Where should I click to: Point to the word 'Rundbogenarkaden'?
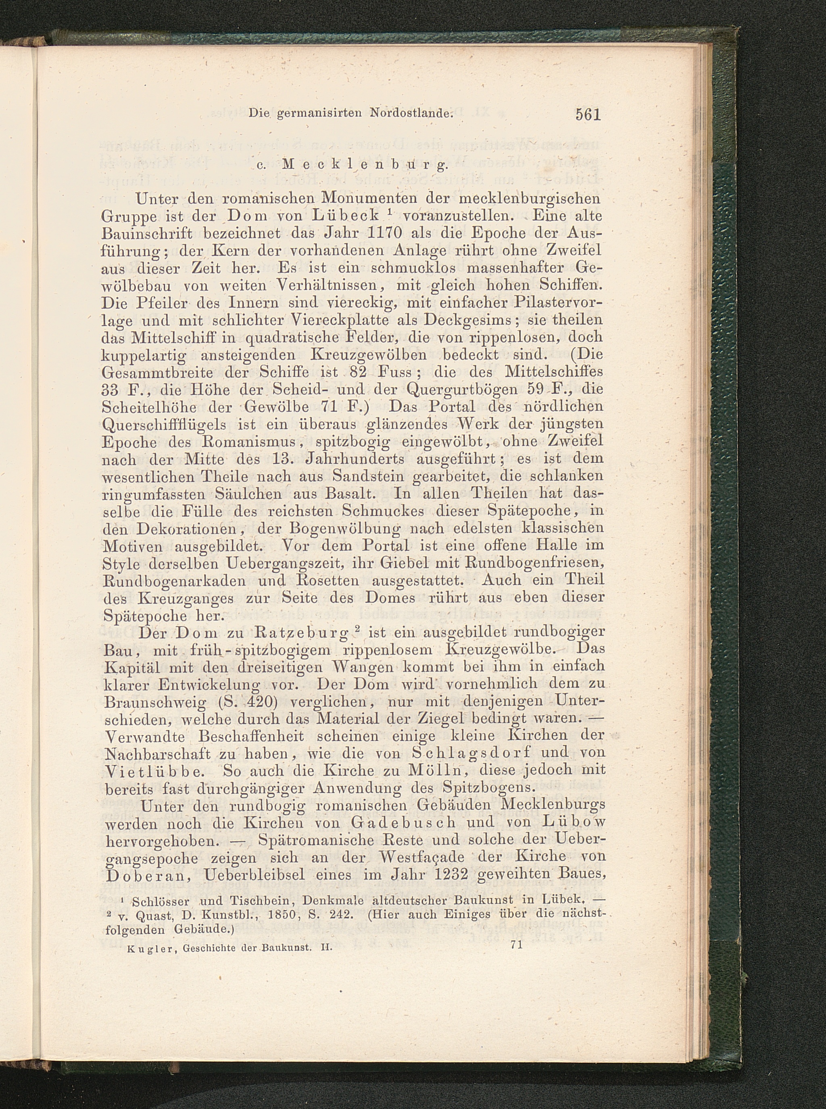coord(173,581)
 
